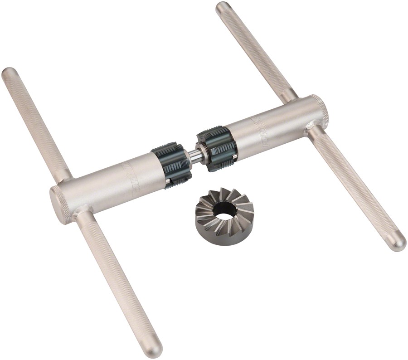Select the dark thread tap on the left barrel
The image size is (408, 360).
(171, 165)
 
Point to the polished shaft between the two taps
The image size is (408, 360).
(194, 155)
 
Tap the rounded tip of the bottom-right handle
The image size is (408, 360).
(398, 243)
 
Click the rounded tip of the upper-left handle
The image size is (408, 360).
(9, 73)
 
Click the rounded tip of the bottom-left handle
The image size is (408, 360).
(154, 349)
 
